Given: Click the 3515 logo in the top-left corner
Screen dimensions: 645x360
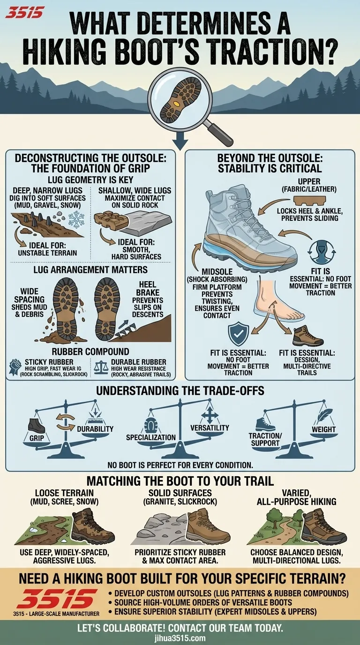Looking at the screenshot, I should tap(24, 12).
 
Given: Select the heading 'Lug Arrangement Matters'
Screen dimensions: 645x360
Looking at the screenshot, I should tap(90, 270).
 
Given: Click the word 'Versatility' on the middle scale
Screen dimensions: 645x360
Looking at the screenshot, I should tap(210, 427).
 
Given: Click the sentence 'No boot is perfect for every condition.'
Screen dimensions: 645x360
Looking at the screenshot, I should tap(180, 465).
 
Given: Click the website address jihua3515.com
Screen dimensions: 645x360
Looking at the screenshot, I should tap(180, 638).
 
